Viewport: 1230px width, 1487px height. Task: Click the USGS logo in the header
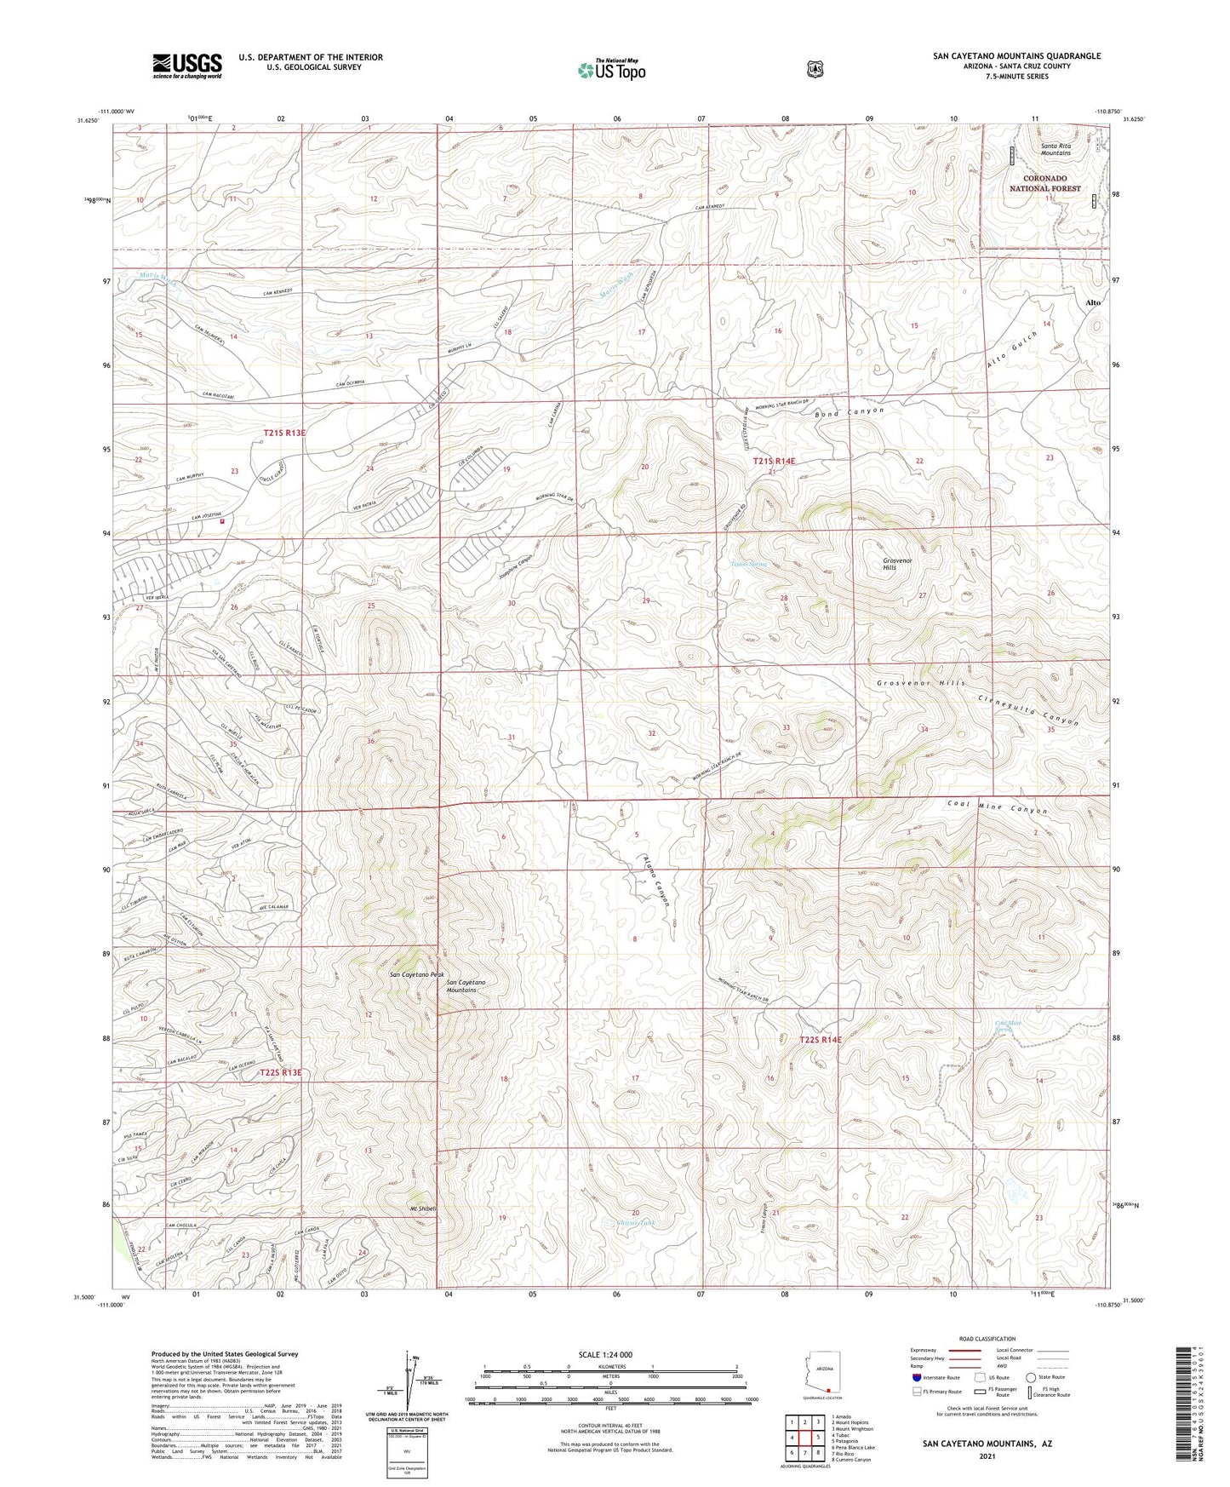tap(187, 65)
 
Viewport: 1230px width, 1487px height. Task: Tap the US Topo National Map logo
tap(610, 70)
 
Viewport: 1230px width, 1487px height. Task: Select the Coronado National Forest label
tap(1045, 183)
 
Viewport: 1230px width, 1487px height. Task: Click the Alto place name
tap(1093, 302)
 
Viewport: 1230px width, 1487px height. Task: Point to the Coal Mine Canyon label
tap(997, 807)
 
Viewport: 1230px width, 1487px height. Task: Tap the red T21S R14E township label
tap(774, 461)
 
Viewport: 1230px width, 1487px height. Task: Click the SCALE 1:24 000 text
tap(605, 1354)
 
